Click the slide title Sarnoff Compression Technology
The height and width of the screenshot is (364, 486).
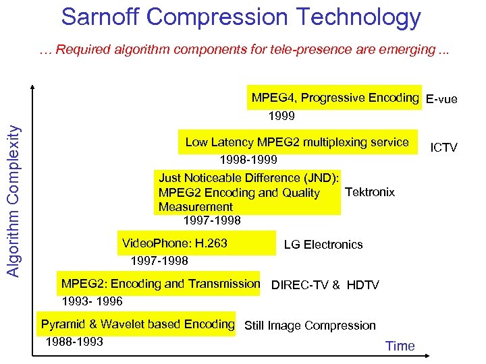point(241,18)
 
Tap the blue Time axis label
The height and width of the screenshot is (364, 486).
point(400,346)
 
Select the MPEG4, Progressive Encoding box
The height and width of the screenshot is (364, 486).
point(335,98)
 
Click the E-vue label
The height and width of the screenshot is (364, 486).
point(441,100)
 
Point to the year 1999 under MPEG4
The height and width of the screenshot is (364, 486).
point(281,116)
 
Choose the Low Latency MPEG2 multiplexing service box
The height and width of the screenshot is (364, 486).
point(297,142)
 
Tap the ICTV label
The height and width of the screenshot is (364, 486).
point(443,148)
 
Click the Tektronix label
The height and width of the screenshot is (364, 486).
point(369,192)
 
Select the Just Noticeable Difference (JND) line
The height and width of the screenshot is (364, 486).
point(248,178)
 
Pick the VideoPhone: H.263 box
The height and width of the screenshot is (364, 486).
point(175,243)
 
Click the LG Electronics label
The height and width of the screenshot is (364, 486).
point(323,245)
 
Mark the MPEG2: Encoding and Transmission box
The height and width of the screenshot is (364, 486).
point(160,284)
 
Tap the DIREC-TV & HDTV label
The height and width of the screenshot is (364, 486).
point(325,285)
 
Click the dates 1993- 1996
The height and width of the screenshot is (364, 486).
point(92,301)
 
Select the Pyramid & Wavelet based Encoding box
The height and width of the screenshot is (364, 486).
point(137,324)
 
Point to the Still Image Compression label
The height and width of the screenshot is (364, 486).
point(310,326)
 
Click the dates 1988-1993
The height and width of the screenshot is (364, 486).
point(74,342)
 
